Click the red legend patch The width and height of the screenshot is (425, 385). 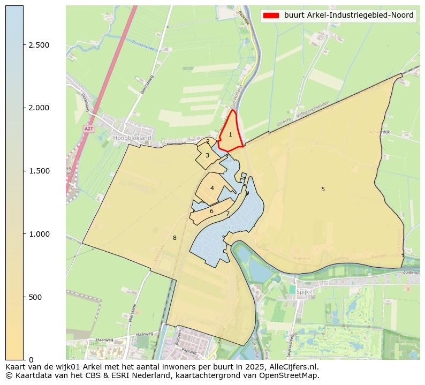[272, 16]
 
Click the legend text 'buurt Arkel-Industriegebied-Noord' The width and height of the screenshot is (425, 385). [348, 16]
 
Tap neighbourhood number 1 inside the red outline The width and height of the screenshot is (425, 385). [231, 134]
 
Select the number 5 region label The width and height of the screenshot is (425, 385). [323, 189]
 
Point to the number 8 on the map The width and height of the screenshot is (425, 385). [174, 238]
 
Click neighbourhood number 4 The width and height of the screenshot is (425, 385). [212, 188]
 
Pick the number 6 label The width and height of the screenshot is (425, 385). [211, 211]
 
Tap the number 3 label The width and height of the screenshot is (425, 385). [207, 155]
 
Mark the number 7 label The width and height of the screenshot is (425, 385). [227, 214]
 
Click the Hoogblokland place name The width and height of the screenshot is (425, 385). [132, 138]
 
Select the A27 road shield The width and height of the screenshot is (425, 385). [89, 129]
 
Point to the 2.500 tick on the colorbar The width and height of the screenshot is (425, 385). [39, 45]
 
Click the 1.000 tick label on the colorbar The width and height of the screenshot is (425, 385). [39, 234]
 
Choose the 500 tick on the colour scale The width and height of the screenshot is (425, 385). [35, 297]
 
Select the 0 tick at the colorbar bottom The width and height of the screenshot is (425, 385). [31, 359]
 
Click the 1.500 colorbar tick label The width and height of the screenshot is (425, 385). [39, 171]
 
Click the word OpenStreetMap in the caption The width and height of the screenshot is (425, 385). [292, 375]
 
